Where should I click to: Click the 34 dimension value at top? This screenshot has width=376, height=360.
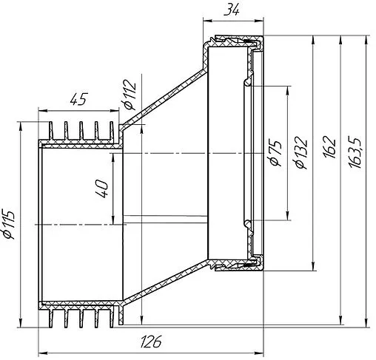(232, 10)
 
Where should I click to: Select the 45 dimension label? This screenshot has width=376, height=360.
(78, 99)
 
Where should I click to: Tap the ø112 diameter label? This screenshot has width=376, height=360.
(130, 95)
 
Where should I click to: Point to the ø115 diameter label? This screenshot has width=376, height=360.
(9, 224)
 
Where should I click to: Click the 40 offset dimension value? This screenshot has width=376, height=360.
(101, 189)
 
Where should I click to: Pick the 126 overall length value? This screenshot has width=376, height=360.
(151, 342)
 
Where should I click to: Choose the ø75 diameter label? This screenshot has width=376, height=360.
(275, 153)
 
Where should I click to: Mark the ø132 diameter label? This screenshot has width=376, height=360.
(301, 153)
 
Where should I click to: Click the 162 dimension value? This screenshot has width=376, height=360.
(329, 147)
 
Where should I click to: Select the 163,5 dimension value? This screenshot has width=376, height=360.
(355, 152)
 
